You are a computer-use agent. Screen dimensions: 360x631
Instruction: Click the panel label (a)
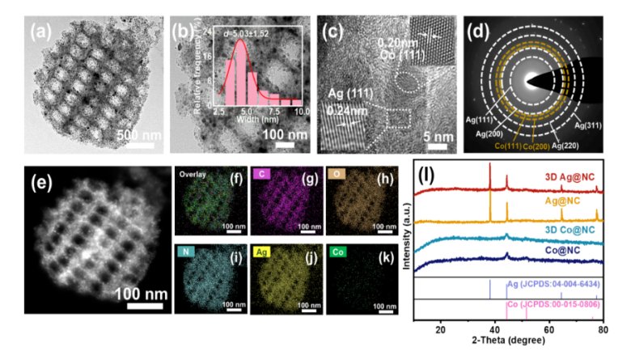43,33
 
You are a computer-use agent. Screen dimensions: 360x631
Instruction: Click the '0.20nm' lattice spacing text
375,43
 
